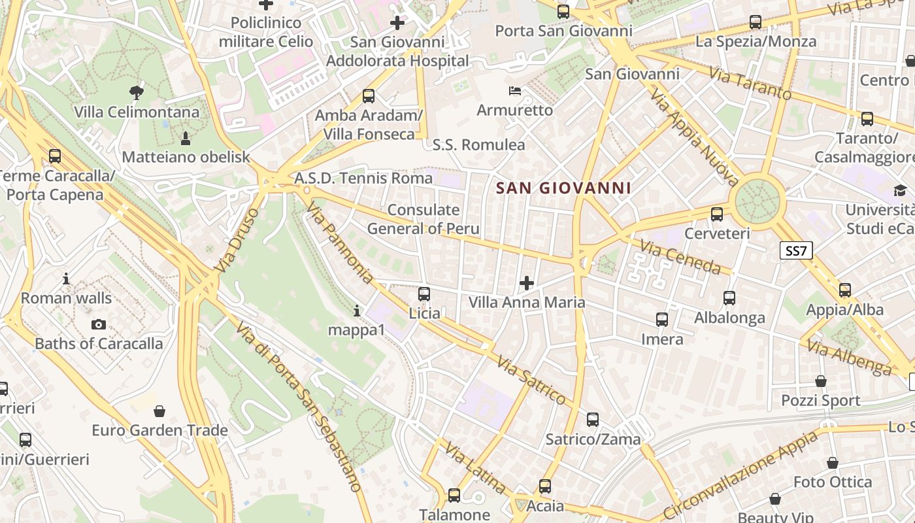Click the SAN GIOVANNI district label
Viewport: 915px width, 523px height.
click(x=563, y=188)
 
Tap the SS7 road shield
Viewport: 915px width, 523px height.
click(x=796, y=250)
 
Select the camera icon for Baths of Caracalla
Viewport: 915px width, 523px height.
click(x=99, y=324)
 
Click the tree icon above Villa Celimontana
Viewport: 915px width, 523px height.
click(x=137, y=92)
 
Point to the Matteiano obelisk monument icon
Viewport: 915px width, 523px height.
click(x=186, y=138)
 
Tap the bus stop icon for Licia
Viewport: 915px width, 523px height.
click(x=424, y=294)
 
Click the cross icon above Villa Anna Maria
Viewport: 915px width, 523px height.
click(x=527, y=283)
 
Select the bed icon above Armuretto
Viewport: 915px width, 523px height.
click(x=515, y=90)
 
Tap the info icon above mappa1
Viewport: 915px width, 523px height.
click(x=357, y=311)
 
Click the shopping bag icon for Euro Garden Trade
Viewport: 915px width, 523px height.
click(x=159, y=411)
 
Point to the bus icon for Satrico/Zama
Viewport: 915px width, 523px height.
click(x=593, y=420)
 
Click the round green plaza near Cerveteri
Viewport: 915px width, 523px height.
click(x=758, y=201)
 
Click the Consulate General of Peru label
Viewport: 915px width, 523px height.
click(x=424, y=219)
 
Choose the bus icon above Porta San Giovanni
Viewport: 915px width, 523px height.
click(x=563, y=11)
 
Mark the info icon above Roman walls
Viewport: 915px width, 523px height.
click(x=66, y=279)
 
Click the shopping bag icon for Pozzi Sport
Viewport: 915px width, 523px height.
click(x=821, y=381)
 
